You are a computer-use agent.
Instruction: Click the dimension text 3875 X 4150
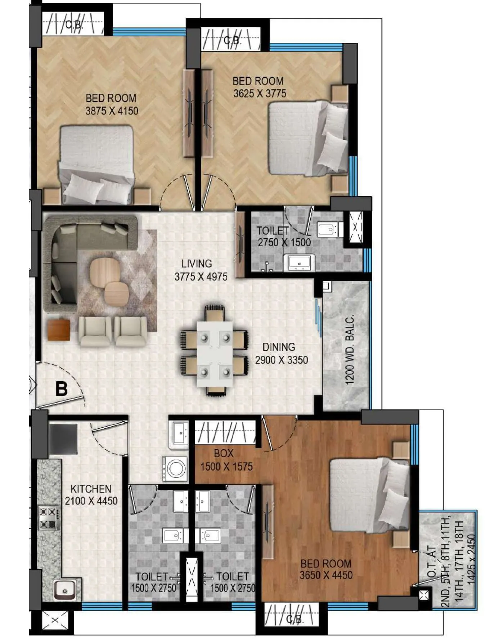112,111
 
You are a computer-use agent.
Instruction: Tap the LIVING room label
197,264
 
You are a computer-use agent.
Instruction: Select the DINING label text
279,347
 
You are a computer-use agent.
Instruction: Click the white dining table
215,354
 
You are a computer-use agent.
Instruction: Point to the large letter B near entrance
62,389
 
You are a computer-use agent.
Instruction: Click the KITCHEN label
91,489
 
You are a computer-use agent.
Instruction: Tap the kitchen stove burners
49,518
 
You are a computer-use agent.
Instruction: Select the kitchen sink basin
65,590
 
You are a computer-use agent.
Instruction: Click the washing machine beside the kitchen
175,468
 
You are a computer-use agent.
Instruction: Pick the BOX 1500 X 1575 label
226,460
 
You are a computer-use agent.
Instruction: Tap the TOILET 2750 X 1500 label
284,237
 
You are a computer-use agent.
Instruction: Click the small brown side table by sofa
58,329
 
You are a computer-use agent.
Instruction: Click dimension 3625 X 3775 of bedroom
260,93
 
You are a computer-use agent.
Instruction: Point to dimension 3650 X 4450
326,575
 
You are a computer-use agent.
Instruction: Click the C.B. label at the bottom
295,620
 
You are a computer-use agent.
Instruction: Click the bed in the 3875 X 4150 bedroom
96,164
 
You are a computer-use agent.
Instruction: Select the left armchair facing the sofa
95,331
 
